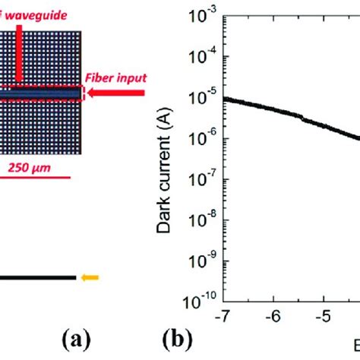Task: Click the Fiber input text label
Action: [x=116, y=77]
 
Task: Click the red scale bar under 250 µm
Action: [x=36, y=178]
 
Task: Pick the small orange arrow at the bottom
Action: [x=90, y=277]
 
